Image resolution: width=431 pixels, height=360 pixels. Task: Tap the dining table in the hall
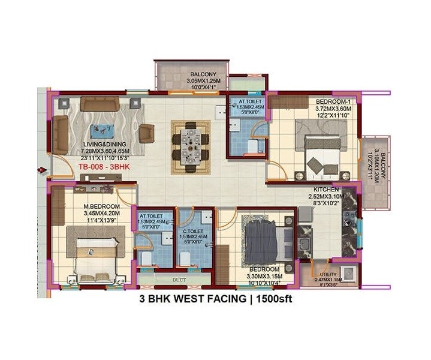coord(191,146)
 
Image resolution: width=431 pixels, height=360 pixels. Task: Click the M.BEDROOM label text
coord(101,207)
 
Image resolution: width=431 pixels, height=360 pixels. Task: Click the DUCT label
coord(178,280)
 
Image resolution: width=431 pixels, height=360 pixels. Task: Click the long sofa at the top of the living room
coord(101,103)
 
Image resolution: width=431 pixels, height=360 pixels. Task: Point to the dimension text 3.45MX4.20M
coord(101,213)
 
